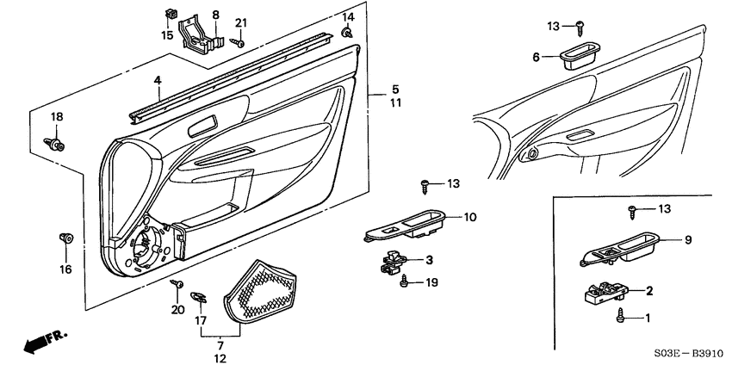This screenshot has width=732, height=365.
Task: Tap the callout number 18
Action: point(56,117)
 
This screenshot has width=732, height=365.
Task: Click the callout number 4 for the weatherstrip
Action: point(158,81)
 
